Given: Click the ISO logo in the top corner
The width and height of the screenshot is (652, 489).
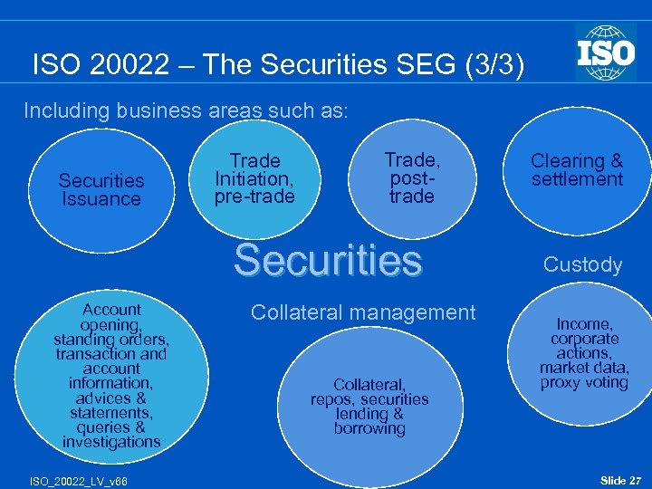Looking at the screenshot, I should click(606, 53).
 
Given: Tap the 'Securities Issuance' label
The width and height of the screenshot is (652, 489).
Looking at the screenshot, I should click(101, 190).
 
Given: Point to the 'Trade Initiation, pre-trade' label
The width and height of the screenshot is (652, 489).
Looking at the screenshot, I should click(254, 178).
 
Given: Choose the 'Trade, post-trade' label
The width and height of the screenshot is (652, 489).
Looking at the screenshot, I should click(411, 178).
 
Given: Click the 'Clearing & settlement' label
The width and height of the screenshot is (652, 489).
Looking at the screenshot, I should click(577, 170).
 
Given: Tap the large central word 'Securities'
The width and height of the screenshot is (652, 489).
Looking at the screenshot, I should click(328, 261).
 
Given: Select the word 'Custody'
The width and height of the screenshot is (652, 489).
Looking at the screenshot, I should click(582, 265).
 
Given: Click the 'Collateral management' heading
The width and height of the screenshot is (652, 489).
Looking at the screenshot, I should click(362, 312).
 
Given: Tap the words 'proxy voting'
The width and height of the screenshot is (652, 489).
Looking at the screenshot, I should click(584, 382).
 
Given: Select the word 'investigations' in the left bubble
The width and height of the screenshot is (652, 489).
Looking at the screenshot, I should click(111, 442).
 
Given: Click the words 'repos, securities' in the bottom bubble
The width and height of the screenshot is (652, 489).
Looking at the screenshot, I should click(369, 399).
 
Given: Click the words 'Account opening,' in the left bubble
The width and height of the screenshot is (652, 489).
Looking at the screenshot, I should click(111, 317).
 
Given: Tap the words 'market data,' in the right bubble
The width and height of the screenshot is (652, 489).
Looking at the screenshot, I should click(584, 368).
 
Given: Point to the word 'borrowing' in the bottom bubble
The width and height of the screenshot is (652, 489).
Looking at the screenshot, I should click(369, 428).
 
